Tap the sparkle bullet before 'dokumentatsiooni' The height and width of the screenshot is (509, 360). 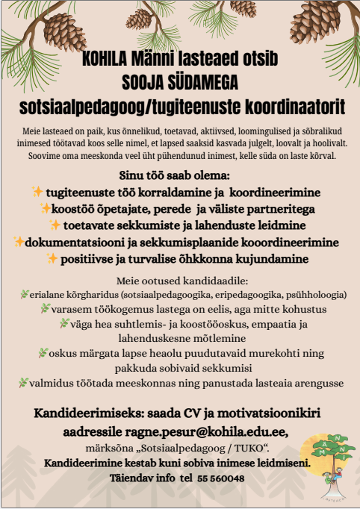click(x=19, y=242)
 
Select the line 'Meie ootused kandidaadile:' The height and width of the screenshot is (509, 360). click(x=179, y=280)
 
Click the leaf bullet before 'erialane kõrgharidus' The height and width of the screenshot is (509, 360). click(x=23, y=294)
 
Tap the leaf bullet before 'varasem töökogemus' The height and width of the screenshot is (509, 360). click(x=45, y=308)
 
